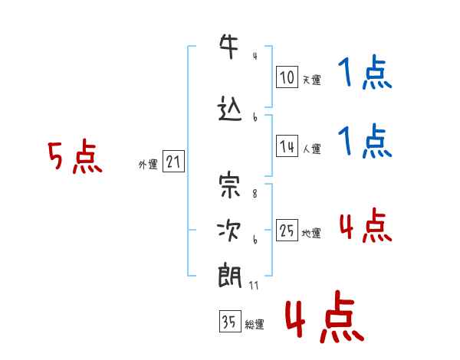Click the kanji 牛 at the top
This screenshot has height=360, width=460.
(229, 46)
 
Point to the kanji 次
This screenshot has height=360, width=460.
(228, 231)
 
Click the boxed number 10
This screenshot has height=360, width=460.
(287, 77)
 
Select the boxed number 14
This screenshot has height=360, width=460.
(287, 146)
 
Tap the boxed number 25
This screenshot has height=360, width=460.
(287, 230)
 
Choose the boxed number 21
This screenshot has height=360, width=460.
(173, 162)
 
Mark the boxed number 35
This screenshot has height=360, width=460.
(230, 321)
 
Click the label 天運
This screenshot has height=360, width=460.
(312, 80)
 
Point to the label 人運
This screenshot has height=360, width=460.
(312, 149)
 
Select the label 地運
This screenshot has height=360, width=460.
(311, 234)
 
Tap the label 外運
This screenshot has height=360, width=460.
(148, 165)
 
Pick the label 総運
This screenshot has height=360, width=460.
(255, 325)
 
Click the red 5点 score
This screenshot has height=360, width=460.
(75, 156)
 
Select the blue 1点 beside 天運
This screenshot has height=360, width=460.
(365, 72)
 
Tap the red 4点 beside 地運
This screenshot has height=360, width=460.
(366, 225)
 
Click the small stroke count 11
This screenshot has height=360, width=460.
(254, 285)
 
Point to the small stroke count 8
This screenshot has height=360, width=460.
(255, 194)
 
